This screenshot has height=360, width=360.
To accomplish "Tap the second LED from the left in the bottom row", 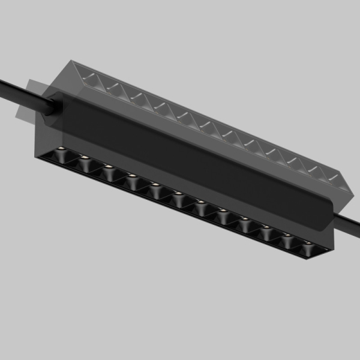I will point(85,158).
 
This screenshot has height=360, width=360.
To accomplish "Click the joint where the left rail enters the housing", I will point(50,106).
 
